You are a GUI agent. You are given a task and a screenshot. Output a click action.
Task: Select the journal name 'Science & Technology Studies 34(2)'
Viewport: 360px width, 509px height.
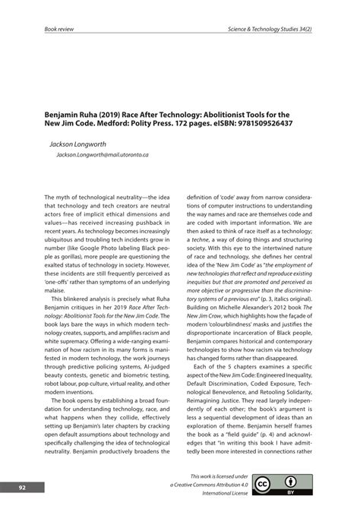pos(270,29)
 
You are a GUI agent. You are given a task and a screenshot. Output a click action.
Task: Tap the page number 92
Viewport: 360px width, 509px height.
pos(23,487)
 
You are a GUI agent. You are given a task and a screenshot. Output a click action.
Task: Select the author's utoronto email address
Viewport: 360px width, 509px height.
pos(103,154)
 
